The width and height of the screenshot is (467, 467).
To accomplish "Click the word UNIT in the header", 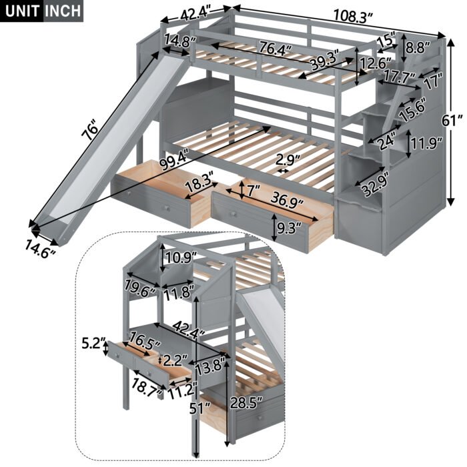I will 22,11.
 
